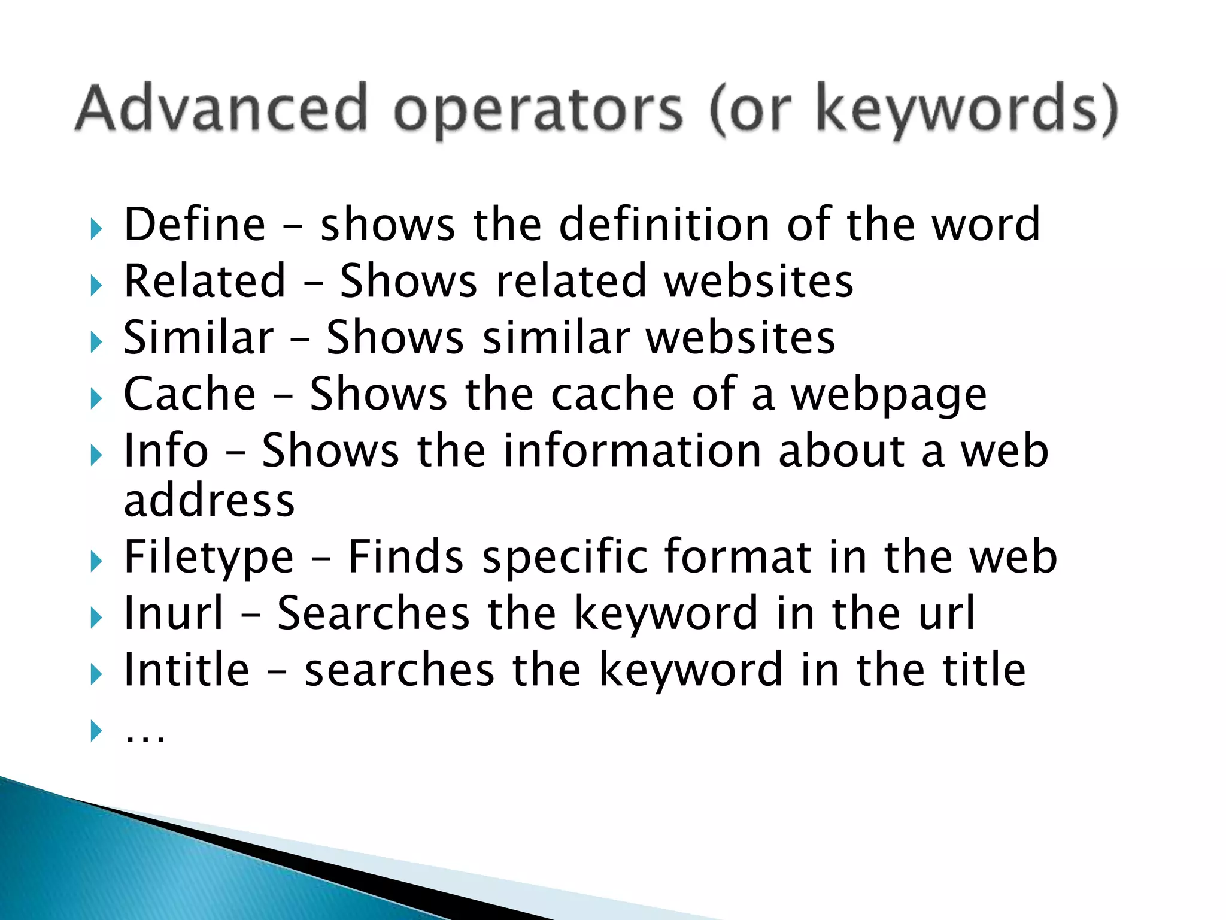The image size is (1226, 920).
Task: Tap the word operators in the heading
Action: point(538,111)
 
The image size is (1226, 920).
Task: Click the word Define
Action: point(195,224)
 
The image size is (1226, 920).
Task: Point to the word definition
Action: point(664,224)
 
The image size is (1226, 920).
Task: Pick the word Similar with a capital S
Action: point(198,337)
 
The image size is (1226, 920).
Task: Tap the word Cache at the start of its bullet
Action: point(190,394)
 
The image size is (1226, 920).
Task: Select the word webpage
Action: point(888,397)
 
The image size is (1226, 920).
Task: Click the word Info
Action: point(166,450)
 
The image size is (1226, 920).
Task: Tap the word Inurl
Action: point(174,613)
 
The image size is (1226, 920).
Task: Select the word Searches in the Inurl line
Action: point(374,613)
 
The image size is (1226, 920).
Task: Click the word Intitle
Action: point(186,670)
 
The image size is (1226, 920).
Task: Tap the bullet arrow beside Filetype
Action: point(96,562)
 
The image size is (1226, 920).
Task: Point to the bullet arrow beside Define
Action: point(96,229)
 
